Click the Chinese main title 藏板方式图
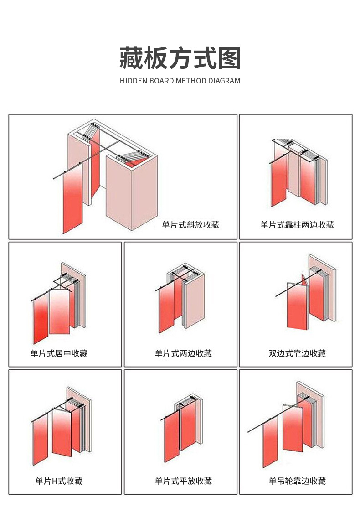180,58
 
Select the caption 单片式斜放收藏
190,225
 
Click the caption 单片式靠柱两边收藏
297,225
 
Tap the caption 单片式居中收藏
59,353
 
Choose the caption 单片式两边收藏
183,353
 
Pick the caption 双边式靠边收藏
297,353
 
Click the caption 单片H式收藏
59,481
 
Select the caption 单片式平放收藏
183,481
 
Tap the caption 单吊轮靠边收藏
297,481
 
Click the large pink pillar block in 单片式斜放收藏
132,190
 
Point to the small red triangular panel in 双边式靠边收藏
304,280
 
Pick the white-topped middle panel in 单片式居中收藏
59,312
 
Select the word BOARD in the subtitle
161,81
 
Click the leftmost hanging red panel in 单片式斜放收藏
72,198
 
